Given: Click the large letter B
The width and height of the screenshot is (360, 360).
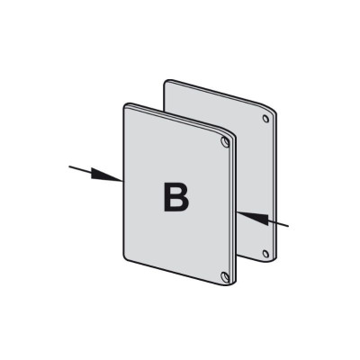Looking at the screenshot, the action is [176, 197].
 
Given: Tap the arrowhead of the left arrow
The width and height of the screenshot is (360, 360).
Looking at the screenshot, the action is [106, 175].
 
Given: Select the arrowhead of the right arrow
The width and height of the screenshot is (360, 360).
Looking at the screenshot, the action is [253, 218].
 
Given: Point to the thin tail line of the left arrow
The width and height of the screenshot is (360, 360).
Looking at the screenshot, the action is [80, 169].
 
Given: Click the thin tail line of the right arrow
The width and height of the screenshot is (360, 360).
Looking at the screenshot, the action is [278, 223].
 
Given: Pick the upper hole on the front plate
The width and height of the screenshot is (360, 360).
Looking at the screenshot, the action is [224, 141].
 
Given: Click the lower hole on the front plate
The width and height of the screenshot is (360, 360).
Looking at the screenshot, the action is [224, 276].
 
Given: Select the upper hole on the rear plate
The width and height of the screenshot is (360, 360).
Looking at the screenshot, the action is [265, 119].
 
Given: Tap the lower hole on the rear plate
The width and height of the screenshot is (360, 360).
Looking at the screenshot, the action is [265, 254].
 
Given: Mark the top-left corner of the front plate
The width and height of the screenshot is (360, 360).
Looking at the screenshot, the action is [124, 105].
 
